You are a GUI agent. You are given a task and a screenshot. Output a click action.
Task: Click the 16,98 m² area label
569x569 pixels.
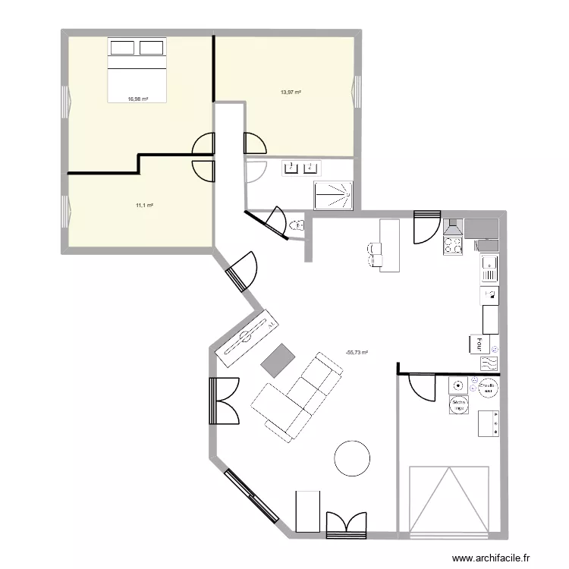point(137,99)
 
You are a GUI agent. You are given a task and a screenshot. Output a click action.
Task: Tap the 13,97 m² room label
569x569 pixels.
point(291,93)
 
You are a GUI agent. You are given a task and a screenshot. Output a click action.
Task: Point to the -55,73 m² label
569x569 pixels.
point(356,353)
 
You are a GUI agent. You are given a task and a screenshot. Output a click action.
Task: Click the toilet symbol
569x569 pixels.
point(298,225)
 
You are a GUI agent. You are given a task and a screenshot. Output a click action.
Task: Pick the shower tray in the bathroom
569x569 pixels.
point(333,193)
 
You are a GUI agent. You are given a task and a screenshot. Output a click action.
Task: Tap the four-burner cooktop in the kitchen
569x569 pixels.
point(453,245)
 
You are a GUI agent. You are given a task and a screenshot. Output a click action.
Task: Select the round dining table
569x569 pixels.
point(353,458)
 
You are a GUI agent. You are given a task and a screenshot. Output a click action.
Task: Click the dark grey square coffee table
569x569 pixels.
point(278,360)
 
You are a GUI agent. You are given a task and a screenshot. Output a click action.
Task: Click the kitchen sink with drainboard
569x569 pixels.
point(489,269)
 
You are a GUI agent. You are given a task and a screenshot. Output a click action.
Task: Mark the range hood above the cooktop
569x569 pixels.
point(453,227)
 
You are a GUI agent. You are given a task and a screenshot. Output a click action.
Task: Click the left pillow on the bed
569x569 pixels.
point(122,48)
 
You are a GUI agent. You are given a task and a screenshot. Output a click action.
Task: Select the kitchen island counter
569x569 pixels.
point(389,245)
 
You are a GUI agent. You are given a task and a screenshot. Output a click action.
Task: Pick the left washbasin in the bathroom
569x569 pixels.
point(291,168)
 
